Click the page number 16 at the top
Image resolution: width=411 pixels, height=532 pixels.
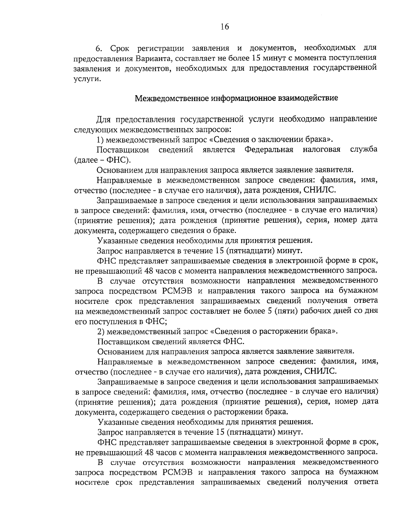pos(225,27)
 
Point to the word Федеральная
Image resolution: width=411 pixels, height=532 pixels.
pos(269,150)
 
